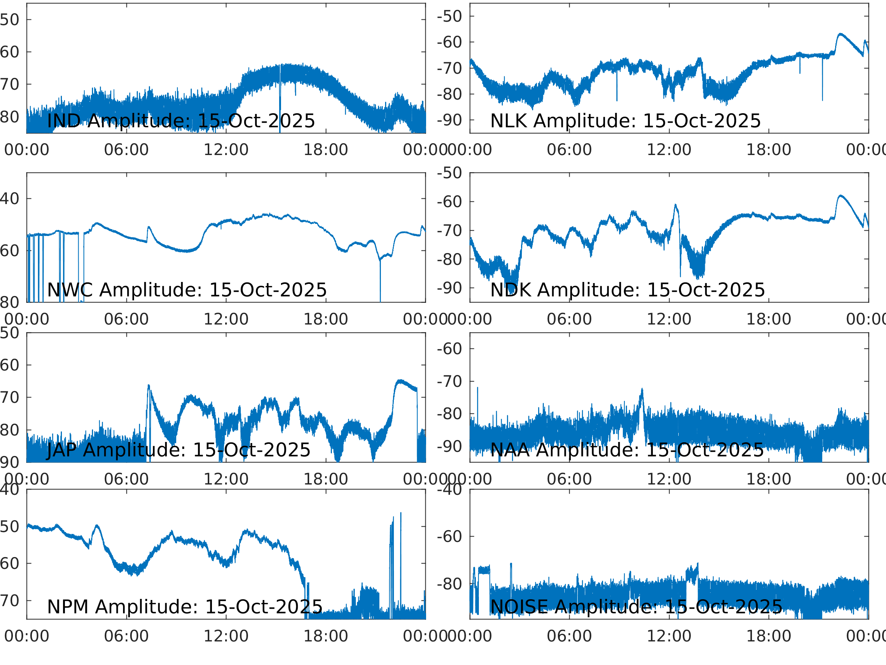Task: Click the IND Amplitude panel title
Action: (x=181, y=121)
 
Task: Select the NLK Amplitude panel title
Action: (x=625, y=121)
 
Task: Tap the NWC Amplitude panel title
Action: (x=186, y=290)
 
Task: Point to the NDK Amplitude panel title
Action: (x=628, y=290)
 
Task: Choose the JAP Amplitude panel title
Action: (x=178, y=450)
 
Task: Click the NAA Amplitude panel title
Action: (x=627, y=450)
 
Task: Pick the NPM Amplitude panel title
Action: (x=185, y=606)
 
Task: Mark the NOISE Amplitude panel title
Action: (x=636, y=606)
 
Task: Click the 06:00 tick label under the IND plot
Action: (x=126, y=150)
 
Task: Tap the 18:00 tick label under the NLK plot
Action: (x=768, y=150)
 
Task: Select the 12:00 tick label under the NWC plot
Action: (x=226, y=320)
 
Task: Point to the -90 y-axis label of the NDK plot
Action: (x=449, y=288)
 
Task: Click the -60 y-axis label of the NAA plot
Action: (x=449, y=349)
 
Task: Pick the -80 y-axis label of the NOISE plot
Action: (x=449, y=584)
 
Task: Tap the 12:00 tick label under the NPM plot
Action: (x=226, y=636)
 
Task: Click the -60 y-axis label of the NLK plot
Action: (x=449, y=42)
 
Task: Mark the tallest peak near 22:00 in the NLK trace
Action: (x=840, y=34)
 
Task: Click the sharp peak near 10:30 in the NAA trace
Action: (x=642, y=389)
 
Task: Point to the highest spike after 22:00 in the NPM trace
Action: (x=401, y=513)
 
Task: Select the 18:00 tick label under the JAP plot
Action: (x=325, y=479)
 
